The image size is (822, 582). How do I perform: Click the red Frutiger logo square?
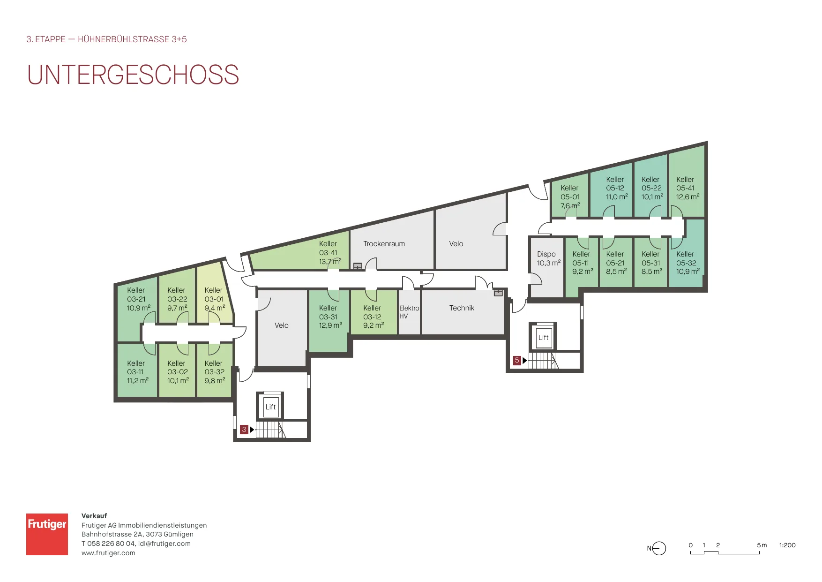pos(47,534)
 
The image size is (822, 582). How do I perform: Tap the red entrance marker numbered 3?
pos(244,430)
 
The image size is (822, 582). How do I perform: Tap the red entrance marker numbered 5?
pos(517,360)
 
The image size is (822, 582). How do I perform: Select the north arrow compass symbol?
pos(657,548)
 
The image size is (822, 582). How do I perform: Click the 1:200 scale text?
pos(787,545)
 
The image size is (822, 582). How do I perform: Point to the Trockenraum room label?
pos(384,244)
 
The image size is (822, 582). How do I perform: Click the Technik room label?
pos(462,308)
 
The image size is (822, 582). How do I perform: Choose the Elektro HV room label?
pos(409,312)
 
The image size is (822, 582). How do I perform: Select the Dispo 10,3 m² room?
pos(546,267)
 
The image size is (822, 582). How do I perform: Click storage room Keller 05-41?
pos(687,183)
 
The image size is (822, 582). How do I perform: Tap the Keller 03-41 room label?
pos(330,253)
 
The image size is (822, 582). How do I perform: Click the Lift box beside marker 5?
pos(543,337)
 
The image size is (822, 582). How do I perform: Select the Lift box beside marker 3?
pos(270,407)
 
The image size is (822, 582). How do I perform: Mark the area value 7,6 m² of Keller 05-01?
pos(570,206)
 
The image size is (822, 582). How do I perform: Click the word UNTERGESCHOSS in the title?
pos(133,75)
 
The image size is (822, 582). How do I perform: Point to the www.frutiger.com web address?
pos(108,553)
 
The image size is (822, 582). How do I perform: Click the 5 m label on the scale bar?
pos(762,545)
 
